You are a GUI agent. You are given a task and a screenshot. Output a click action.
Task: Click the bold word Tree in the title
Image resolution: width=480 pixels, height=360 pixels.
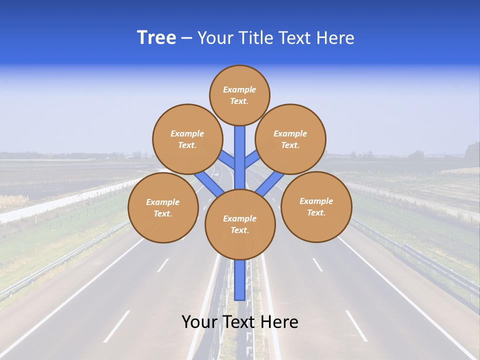pos(156,37)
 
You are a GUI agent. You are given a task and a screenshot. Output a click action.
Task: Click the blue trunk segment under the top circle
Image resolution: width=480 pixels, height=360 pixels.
pos(240,150)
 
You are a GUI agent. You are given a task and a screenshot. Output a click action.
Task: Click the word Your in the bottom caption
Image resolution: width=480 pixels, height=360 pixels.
pos(198,322)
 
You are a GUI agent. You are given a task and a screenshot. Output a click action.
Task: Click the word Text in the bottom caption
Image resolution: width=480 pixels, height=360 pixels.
pos(239,322)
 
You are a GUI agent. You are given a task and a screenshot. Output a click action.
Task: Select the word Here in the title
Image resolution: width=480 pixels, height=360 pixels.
pos(335,38)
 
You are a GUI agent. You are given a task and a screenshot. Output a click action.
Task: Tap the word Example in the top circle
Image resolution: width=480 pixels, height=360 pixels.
pos(239,90)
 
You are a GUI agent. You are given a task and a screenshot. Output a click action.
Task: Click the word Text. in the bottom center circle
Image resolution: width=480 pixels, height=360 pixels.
pos(239,230)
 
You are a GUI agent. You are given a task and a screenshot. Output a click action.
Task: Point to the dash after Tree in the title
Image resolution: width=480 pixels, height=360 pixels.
pos(186,38)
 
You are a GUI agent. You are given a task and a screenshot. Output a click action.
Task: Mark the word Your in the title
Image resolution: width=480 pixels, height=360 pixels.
pos(214,38)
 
